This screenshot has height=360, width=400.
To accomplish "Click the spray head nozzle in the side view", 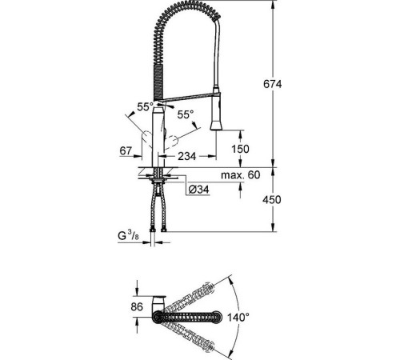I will point(216,120).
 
